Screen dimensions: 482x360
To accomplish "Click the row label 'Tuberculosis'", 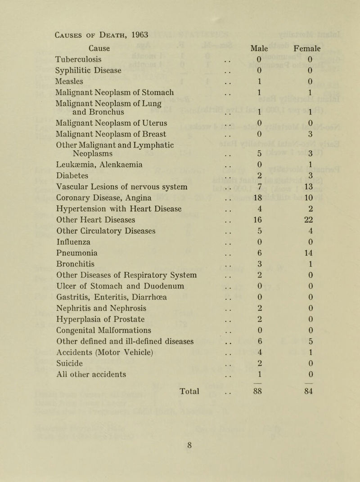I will click(x=78, y=59).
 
